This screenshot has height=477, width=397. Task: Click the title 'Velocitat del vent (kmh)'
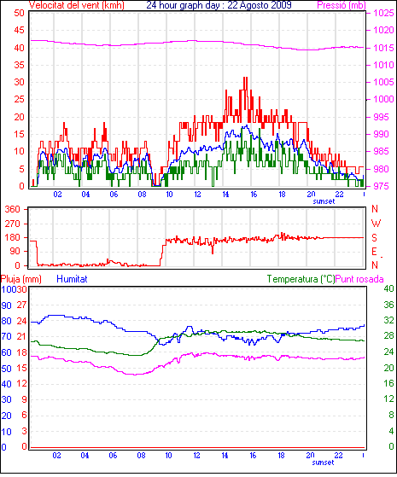tap(77, 5)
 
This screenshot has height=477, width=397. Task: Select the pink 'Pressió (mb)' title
tap(342, 5)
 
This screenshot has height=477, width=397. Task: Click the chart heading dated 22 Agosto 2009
tap(219, 5)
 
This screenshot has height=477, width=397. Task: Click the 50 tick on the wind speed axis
tap(19, 13)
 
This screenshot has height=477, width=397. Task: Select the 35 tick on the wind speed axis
tap(19, 65)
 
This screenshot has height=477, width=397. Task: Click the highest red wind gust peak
tap(245, 78)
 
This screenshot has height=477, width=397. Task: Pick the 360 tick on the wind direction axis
tap(12, 209)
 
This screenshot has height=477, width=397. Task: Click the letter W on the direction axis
tap(376, 224)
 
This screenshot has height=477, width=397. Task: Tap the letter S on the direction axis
tap(375, 237)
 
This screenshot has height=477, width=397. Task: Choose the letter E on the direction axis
tap(375, 251)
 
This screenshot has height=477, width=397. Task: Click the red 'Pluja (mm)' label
tap(21, 279)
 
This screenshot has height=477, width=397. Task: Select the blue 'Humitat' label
tap(73, 279)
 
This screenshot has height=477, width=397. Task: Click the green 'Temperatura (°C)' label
tap(301, 279)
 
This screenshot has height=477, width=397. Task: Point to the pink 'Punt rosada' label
tap(359, 279)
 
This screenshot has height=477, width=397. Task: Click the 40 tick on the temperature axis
tap(388, 288)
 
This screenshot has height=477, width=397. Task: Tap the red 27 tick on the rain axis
tap(21, 305)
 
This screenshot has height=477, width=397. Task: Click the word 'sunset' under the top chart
tap(324, 201)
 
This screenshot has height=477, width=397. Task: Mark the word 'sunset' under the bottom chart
tap(323, 462)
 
